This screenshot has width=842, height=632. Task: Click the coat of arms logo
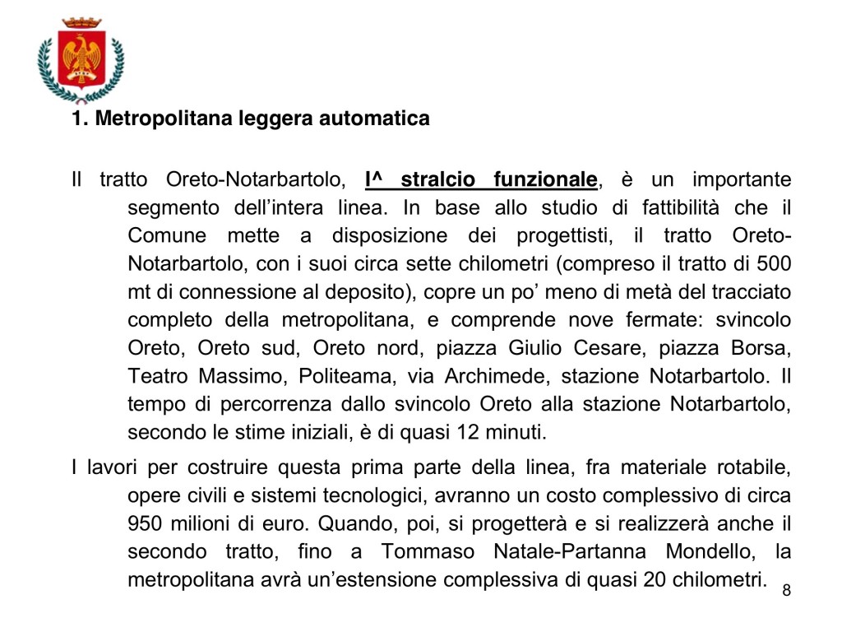pyautogui.click(x=81, y=60)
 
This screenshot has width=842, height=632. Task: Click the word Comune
pyautogui.click(x=167, y=236)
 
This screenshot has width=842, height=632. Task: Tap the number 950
pyautogui.click(x=148, y=524)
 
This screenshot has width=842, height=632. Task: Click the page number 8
pyautogui.click(x=786, y=590)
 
